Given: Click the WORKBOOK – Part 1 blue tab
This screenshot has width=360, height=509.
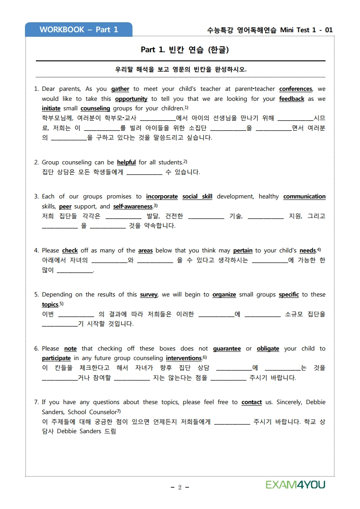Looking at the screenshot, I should pyautogui.click(x=79, y=30).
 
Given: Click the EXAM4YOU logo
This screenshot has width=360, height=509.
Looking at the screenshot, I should pyautogui.click(x=296, y=484).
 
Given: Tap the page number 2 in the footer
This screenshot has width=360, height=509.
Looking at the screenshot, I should pyautogui.click(x=180, y=487).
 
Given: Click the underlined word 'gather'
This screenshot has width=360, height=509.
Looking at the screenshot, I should pyautogui.click(x=120, y=89).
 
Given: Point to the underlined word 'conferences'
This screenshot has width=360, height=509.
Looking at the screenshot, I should pyautogui.click(x=296, y=89).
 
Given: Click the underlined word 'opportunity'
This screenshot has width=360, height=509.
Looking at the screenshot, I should pyautogui.click(x=131, y=99).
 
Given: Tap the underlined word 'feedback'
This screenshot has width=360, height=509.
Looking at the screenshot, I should pyautogui.click(x=291, y=99).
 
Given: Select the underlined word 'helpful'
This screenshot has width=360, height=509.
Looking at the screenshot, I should pyautogui.click(x=126, y=162).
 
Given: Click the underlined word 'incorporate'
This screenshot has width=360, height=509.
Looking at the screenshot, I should pyautogui.click(x=162, y=197).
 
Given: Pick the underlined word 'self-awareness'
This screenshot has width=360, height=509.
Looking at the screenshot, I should pyautogui.click(x=133, y=207).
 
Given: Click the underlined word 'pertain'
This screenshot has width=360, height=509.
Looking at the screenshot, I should pyautogui.click(x=242, y=251).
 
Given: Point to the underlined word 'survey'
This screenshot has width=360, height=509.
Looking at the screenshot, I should pyautogui.click(x=148, y=295).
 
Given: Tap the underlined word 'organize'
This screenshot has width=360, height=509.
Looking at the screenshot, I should pyautogui.click(x=224, y=295).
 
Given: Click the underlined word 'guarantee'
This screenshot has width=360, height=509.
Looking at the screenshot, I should pyautogui.click(x=227, y=349).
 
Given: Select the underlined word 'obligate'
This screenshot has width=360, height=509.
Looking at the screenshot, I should pyautogui.click(x=268, y=349).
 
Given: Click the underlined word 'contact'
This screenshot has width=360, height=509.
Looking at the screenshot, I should pyautogui.click(x=252, y=402).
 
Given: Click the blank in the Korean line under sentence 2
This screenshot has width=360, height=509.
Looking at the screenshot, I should pyautogui.click(x=144, y=173).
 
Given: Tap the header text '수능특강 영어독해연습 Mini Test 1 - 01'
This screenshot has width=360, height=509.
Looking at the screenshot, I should pyautogui.click(x=270, y=30).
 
